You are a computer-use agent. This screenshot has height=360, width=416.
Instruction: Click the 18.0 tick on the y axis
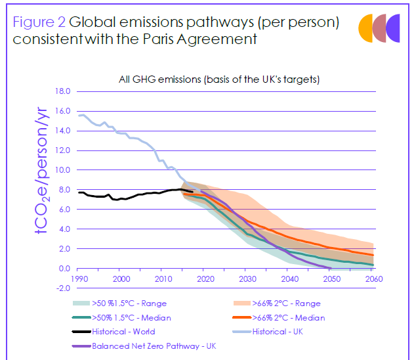(x=62, y=91)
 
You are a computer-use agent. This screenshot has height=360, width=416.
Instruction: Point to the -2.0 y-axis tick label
(x=62, y=288)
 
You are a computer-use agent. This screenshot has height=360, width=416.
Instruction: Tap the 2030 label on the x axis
(x=247, y=279)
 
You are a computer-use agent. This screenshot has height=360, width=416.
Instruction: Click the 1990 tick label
(x=79, y=279)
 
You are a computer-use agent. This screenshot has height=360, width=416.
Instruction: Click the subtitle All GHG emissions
(x=219, y=79)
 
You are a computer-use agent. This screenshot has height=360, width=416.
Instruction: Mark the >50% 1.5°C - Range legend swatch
(x=81, y=303)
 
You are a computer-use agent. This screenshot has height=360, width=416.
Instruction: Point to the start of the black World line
(x=79, y=192)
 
